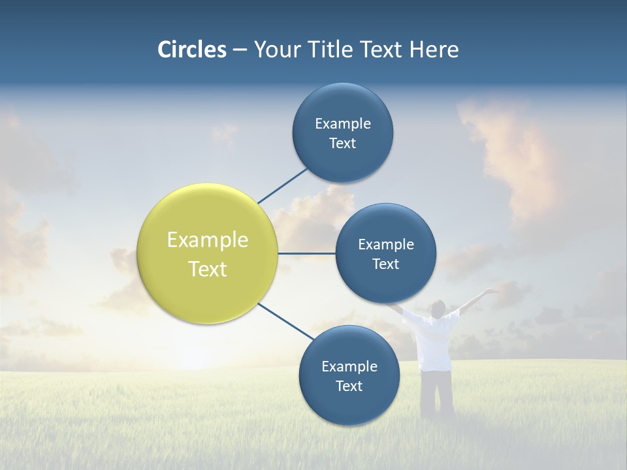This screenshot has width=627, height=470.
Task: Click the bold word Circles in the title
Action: pos(191,50)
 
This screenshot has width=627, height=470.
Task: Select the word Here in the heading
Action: pos(434,50)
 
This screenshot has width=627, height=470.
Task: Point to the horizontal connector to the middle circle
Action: pos(306,253)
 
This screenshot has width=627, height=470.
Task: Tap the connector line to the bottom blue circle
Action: pos(286,321)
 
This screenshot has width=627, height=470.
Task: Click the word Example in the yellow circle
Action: pos(208,240)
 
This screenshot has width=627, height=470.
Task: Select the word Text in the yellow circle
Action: pos(208,269)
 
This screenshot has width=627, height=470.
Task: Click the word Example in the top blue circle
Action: pos(343,123)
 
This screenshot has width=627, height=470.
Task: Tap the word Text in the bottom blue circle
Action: pos(349,386)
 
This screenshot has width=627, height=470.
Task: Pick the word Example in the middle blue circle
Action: pos(386,244)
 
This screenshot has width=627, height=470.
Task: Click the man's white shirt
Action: pos(434,339)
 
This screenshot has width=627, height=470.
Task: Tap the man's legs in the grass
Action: pos(436,392)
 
